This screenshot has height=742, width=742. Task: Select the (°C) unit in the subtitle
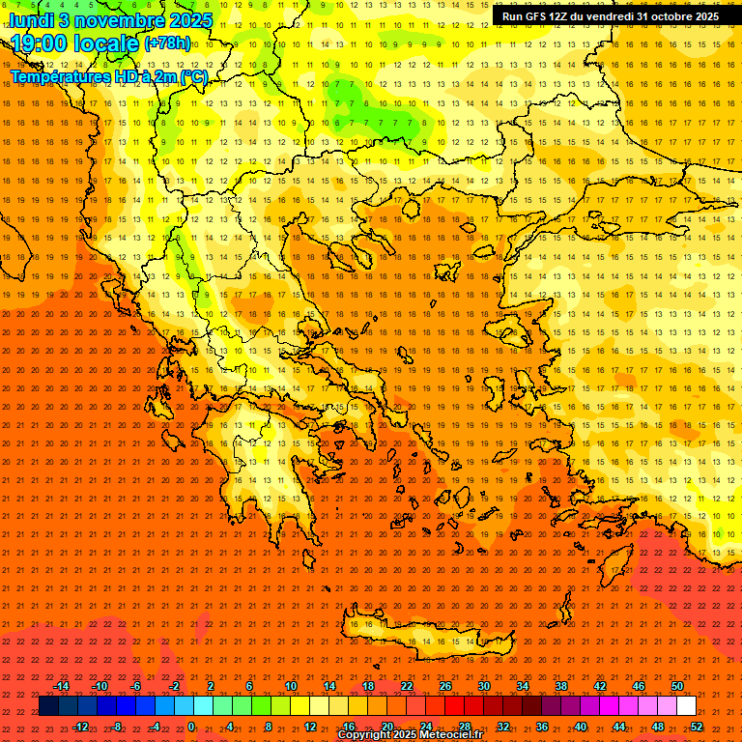click(x=192, y=76)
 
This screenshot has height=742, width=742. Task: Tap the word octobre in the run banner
click(x=659, y=16)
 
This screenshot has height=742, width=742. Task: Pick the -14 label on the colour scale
click(x=61, y=686)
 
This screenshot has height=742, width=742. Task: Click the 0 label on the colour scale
click(x=191, y=727)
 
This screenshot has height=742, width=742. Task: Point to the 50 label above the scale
click(x=677, y=686)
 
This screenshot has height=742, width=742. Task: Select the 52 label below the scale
click(x=697, y=727)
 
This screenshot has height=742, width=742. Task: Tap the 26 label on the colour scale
click(x=445, y=686)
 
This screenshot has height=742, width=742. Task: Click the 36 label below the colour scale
click(x=542, y=727)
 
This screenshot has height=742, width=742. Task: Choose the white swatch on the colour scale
click(x=687, y=706)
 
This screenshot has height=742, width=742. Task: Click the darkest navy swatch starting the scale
click(x=48, y=706)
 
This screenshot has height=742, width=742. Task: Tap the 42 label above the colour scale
click(x=600, y=686)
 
